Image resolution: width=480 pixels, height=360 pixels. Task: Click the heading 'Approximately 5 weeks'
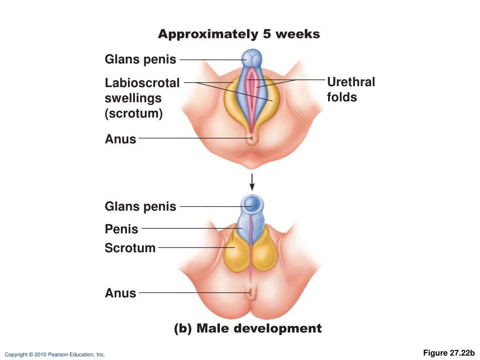coord(239,34)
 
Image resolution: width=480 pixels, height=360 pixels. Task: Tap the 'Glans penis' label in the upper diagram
coord(140,60)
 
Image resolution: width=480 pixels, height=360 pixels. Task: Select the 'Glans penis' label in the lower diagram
coord(140,206)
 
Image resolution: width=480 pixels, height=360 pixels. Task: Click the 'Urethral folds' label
coord(351,90)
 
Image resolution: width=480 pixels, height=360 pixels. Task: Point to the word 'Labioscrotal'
coord(142,83)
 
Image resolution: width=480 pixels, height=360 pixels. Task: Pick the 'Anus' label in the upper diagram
coord(120,139)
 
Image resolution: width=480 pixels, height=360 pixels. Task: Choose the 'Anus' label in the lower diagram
coord(120,293)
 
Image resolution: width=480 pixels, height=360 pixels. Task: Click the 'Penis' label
coord(121,229)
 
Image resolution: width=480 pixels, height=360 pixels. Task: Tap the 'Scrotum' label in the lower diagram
coord(130,247)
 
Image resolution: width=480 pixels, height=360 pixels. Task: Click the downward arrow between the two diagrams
coord(252,182)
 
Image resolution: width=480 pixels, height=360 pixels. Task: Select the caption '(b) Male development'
coord(247,329)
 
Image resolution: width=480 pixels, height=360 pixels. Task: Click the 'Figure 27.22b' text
coord(449,353)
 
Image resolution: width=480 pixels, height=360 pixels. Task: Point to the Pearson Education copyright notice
coord(55,355)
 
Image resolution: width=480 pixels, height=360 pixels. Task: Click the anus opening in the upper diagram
coord(252,138)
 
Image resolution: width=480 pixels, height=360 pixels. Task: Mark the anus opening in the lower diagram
coord(252,294)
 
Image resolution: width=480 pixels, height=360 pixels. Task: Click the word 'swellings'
coord(133,98)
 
